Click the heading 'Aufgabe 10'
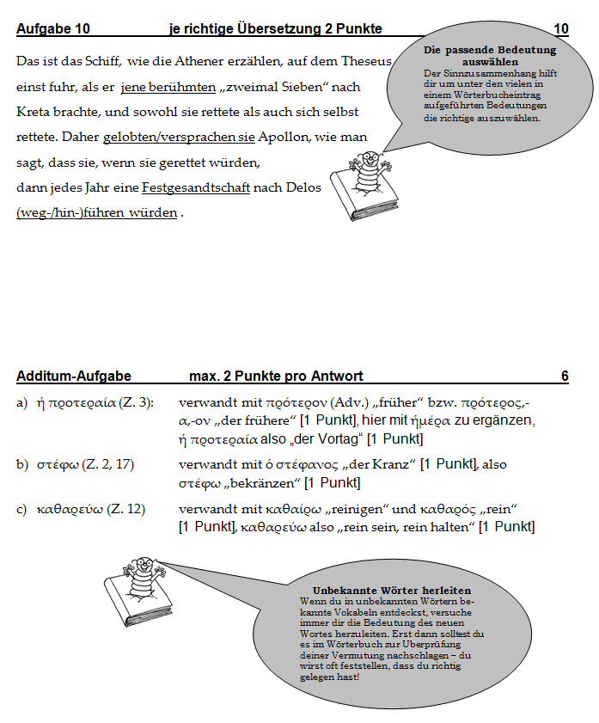click(52, 29)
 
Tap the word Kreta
click(34, 112)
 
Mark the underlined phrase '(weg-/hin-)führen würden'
click(97, 212)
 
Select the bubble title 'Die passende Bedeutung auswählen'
click(488, 57)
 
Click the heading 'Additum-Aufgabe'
click(74, 376)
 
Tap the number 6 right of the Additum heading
click(565, 376)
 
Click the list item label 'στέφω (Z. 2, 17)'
click(85, 464)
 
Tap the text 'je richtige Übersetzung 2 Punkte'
click(276, 29)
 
